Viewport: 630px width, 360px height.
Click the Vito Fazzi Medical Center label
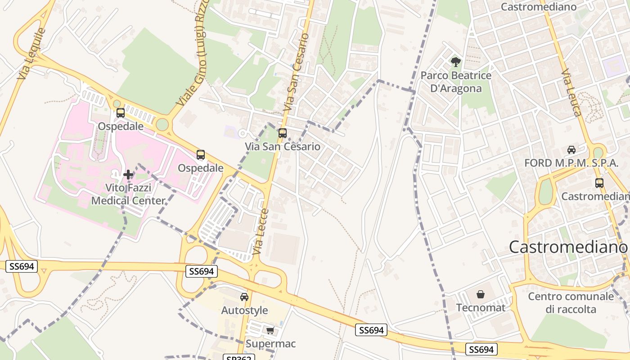pyautogui.click(x=128, y=194)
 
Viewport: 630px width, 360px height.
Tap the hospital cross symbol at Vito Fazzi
pyautogui.click(x=128, y=174)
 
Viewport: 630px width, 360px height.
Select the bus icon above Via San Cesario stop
pyautogui.click(x=283, y=133)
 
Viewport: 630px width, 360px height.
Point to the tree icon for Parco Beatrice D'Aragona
pyautogui.click(x=456, y=62)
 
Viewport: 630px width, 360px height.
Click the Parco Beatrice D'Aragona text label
pyautogui.click(x=456, y=81)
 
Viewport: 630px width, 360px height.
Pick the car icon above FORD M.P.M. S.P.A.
pyautogui.click(x=571, y=150)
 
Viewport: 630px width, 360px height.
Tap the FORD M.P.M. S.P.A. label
pyautogui.click(x=571, y=163)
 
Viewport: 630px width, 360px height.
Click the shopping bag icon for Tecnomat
pyautogui.click(x=481, y=295)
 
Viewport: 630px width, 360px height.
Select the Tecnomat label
pyautogui.click(x=481, y=308)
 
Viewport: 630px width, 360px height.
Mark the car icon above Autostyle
pyautogui.click(x=244, y=297)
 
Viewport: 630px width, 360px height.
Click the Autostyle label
pyautogui.click(x=244, y=310)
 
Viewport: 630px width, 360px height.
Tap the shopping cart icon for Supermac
pyautogui.click(x=270, y=331)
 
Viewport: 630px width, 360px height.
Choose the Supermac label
pyautogui.click(x=270, y=344)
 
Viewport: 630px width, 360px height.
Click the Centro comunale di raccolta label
pyautogui.click(x=571, y=303)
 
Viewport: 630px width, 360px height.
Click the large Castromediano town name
pyautogui.click(x=568, y=247)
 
